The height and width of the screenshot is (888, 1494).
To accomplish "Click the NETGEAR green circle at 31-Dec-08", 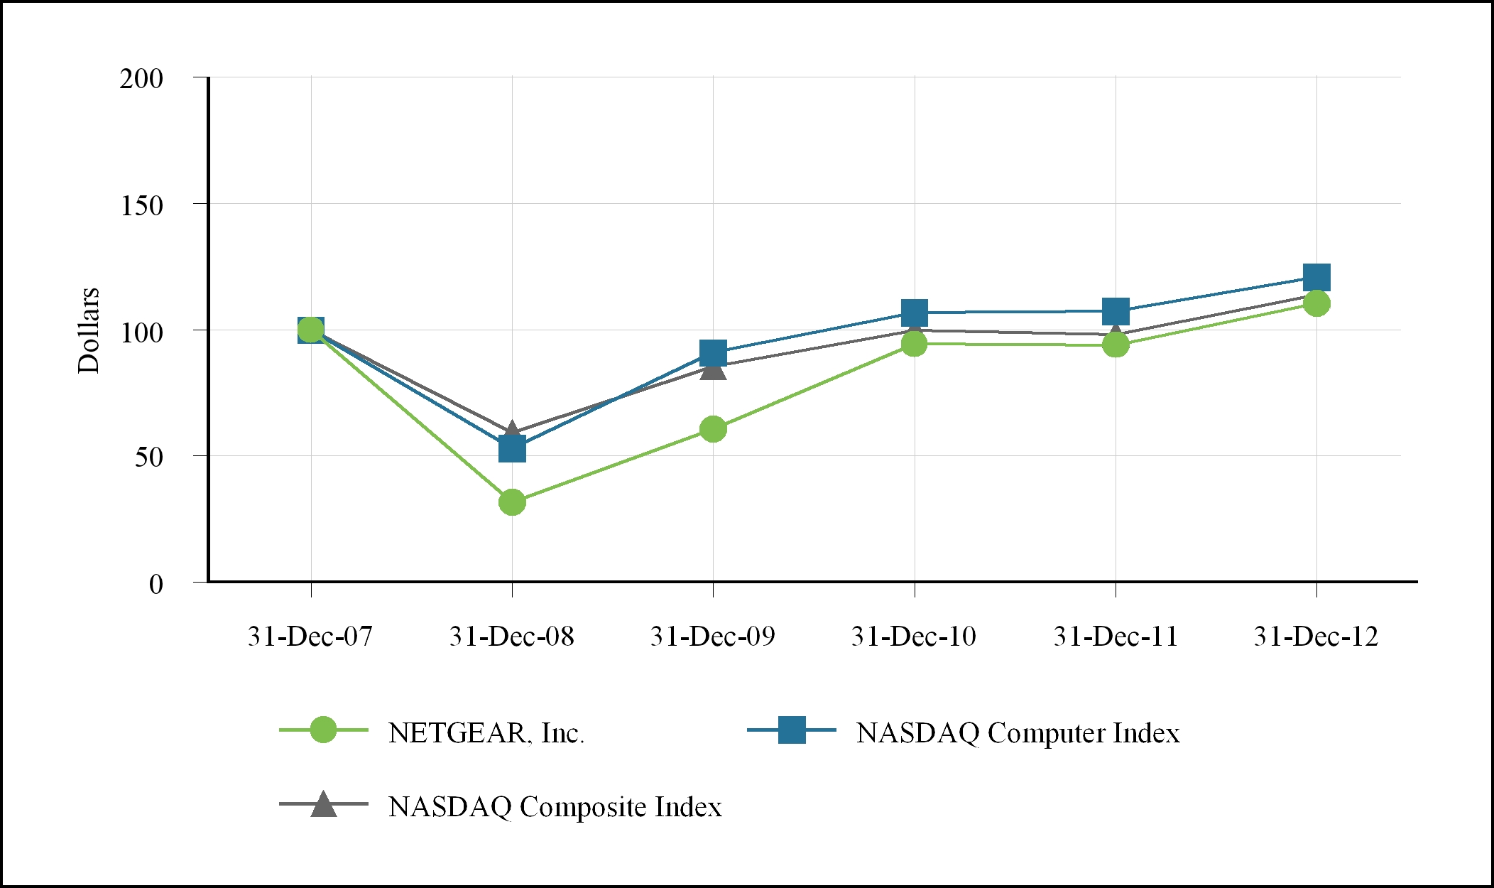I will [512, 502].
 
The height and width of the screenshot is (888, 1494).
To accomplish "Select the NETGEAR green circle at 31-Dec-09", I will [713, 429].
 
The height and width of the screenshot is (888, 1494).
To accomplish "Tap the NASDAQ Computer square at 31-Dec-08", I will [512, 449].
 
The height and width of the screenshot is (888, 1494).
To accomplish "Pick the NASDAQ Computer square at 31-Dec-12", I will [1316, 277].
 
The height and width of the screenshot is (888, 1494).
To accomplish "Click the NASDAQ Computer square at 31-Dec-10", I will [915, 312].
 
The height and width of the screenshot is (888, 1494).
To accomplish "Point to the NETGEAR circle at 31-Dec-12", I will [1316, 303].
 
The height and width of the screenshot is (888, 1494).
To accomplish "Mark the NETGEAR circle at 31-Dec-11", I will [1116, 345].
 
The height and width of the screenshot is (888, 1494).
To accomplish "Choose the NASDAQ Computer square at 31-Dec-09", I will [713, 352].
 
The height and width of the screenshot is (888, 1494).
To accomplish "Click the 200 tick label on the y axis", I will [141, 79].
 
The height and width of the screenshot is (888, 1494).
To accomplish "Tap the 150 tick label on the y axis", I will [141, 205].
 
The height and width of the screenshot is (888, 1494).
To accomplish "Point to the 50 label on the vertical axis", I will [149, 457].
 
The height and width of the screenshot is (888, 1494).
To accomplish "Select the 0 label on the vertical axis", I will [156, 584].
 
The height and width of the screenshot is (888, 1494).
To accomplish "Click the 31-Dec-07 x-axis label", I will [310, 636].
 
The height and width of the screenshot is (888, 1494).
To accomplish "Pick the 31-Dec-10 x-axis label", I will [914, 636].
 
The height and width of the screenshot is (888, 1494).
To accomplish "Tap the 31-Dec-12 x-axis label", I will [1316, 636].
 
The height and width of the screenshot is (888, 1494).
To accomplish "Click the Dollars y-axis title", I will [89, 330].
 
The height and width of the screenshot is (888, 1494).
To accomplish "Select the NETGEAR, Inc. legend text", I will [486, 732].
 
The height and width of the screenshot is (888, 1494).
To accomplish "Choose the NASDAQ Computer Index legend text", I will [1018, 732].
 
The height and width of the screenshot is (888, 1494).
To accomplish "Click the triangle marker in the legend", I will [324, 804].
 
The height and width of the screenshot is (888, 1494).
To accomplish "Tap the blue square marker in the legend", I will [792, 730].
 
